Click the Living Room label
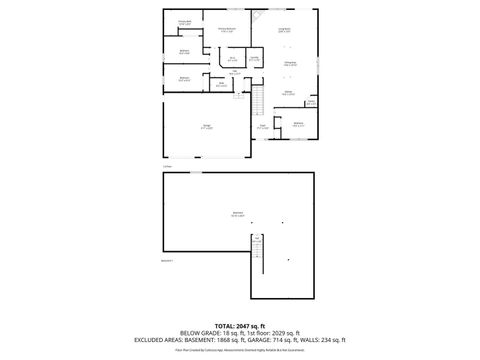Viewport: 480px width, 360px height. pos(284,31)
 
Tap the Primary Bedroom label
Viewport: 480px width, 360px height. pos(228,31)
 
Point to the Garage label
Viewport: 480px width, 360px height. pos(206,127)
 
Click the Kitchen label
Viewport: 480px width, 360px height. pos(287,93)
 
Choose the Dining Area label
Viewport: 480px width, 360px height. pos(289,64)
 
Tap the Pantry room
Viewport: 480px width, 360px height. pos(311,102)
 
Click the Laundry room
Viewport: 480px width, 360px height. pos(255,59)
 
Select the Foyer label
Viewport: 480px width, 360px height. pos(262,127)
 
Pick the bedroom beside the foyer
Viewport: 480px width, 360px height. pos(298,124)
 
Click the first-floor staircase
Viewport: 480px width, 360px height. pos(255,99)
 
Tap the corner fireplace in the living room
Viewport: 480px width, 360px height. pos(257,16)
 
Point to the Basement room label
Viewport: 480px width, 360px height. pos(237,214)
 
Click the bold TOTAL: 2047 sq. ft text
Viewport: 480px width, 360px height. pos(239,326)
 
